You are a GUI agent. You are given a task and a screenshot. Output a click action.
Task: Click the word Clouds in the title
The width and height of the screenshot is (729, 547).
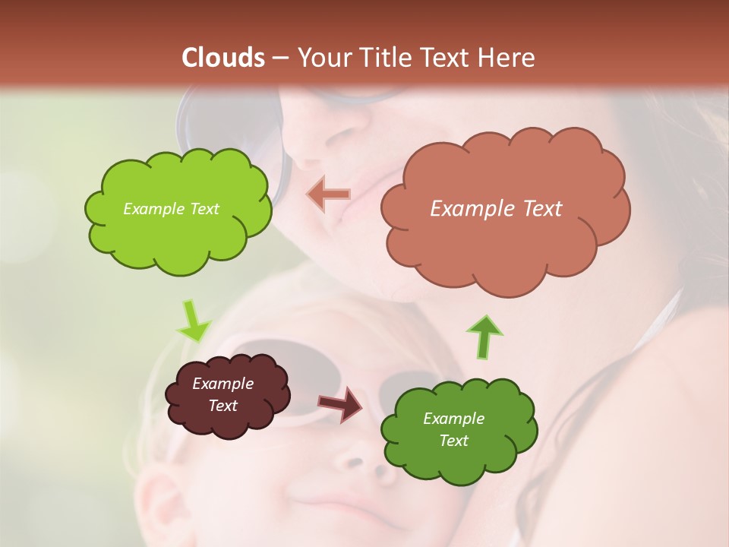(x=223, y=58)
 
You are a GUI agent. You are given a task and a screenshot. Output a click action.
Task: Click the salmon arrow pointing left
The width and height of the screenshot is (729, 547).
(x=329, y=194)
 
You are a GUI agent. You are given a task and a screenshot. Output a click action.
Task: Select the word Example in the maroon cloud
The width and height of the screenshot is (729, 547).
(x=222, y=384)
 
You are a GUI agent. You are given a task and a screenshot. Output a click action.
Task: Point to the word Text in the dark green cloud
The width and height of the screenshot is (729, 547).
(x=453, y=441)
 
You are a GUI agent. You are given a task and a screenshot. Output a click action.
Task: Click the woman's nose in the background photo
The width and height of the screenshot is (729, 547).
(x=319, y=144)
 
